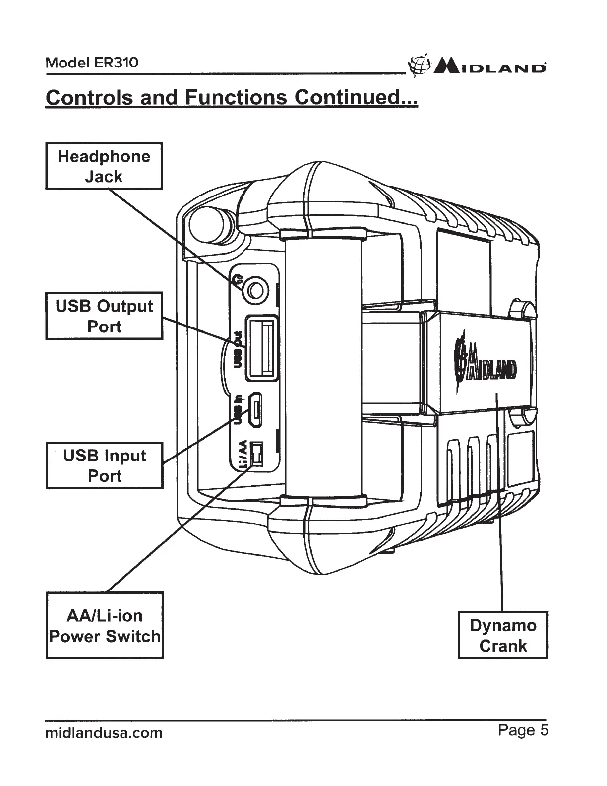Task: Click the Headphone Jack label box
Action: coord(104,166)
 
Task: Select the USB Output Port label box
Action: coord(104,316)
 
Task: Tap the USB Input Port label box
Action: coord(104,465)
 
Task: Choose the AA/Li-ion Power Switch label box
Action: coord(105,625)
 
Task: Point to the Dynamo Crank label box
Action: coord(503,635)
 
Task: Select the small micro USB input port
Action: coord(255,410)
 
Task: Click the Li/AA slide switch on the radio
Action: coord(256,454)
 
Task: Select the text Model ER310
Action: coord(92,63)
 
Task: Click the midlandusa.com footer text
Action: coord(104,733)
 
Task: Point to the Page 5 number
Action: coord(523,730)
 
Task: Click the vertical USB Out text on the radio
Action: coord(238,351)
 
